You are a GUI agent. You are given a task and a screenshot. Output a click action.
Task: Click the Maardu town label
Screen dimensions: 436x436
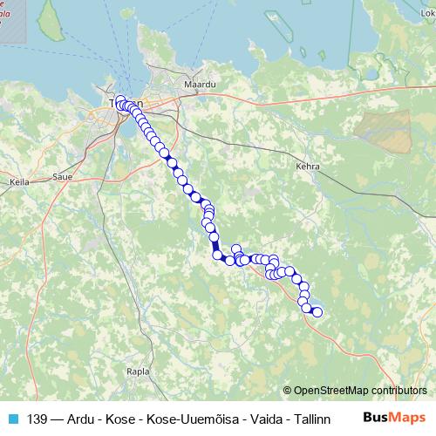[x=192, y=85]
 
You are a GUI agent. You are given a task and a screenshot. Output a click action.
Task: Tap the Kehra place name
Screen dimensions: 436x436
[x=308, y=166]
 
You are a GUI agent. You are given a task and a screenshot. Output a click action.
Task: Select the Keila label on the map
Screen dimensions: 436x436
[x=18, y=182]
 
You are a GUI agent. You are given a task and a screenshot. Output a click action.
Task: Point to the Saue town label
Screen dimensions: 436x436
[x=62, y=176]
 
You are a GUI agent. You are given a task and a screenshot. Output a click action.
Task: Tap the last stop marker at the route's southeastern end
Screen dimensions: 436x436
[x=317, y=312]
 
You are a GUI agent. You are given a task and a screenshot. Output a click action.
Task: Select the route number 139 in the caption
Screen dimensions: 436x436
[x=37, y=419]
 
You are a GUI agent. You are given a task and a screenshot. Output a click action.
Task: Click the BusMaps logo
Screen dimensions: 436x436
[x=394, y=418]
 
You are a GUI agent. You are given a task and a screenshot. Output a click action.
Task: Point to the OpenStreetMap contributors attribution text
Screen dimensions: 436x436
[x=360, y=390]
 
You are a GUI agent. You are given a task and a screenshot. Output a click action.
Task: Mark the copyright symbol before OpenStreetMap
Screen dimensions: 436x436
[x=288, y=390]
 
